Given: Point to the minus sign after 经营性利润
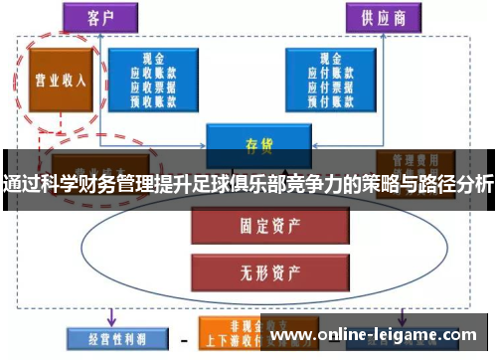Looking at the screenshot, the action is pos(182,337).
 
